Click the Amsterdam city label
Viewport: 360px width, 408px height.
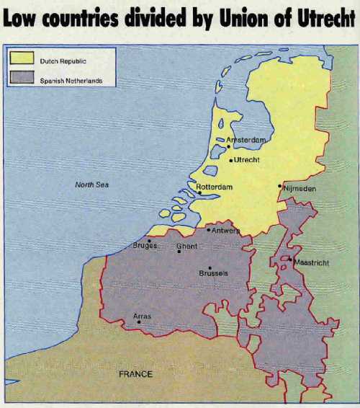tap(246, 140)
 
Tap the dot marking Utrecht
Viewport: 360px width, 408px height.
tap(230, 160)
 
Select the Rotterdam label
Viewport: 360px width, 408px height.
tap(215, 187)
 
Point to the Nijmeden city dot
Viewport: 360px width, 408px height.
tap(279, 186)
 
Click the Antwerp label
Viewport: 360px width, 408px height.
tap(225, 231)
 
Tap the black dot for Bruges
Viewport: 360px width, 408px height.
tap(149, 240)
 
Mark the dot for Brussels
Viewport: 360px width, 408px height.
tap(210, 267)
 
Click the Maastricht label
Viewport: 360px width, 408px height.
tap(311, 263)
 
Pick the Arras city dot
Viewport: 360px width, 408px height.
tap(139, 321)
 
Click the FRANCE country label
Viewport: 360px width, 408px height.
tap(135, 374)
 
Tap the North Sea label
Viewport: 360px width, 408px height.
tap(91, 185)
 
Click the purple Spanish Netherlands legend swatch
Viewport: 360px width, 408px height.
tap(22, 79)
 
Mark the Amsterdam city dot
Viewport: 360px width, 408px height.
tap(228, 146)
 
